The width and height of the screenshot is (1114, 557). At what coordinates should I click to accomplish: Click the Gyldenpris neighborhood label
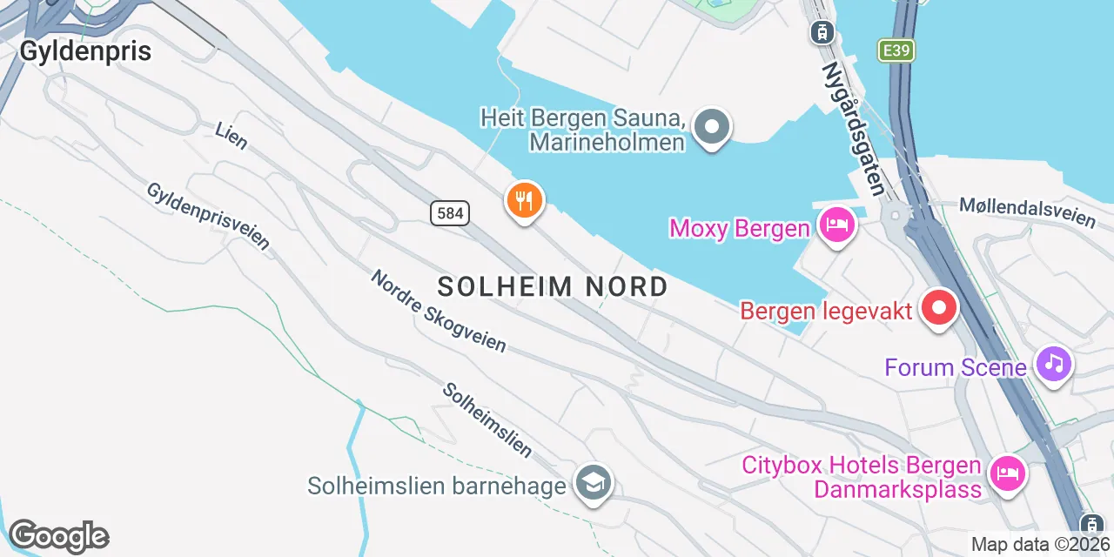click(x=85, y=51)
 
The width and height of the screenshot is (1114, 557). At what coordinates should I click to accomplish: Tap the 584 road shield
click(x=449, y=212)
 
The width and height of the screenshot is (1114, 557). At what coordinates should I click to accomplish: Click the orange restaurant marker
click(x=524, y=202)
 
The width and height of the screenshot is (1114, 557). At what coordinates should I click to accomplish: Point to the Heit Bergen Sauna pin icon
click(x=713, y=127)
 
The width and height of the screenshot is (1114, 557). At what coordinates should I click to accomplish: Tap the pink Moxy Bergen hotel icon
click(x=837, y=225)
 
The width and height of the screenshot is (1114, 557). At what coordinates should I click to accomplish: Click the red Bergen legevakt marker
click(x=939, y=308)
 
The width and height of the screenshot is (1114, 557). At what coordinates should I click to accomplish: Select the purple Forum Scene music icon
click(x=1054, y=363)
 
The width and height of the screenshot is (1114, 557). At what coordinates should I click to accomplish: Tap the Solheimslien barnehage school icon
click(x=594, y=483)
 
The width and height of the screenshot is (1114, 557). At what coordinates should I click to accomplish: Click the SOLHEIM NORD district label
click(x=553, y=286)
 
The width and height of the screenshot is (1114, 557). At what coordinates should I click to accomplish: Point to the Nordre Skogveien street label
click(x=438, y=311)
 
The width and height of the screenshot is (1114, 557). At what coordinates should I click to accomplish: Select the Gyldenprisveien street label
click(x=208, y=216)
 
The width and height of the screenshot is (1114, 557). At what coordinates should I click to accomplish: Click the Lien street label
click(x=232, y=136)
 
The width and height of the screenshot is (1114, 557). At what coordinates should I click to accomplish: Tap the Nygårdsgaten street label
click(x=854, y=128)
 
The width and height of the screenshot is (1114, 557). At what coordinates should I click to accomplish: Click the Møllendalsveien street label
click(x=1027, y=211)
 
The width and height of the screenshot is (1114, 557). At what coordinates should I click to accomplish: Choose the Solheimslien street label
click(x=487, y=419)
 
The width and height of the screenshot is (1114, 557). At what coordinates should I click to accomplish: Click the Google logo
click(x=58, y=537)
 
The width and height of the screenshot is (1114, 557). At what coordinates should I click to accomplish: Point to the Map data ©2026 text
click(x=1041, y=545)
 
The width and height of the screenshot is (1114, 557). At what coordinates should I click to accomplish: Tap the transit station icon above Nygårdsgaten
click(x=821, y=33)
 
